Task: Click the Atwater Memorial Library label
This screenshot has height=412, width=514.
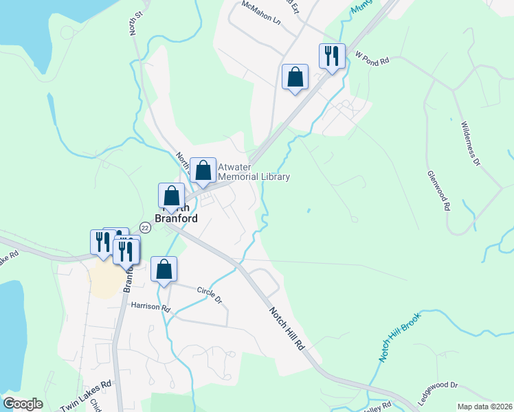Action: pyautogui.click(x=254, y=172)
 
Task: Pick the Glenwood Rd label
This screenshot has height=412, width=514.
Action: pyautogui.click(x=438, y=191)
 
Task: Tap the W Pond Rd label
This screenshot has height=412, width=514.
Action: pyautogui.click(x=372, y=60)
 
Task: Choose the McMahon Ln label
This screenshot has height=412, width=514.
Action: pyautogui.click(x=262, y=14)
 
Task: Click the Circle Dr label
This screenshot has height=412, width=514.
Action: pyautogui.click(x=210, y=295)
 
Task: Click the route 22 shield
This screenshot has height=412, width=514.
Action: pyautogui.click(x=145, y=227)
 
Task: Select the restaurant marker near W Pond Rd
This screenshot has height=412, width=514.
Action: pyautogui.click(x=332, y=56)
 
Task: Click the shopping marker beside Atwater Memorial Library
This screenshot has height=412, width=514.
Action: pyautogui.click(x=203, y=170)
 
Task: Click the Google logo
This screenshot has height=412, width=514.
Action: pyautogui.click(x=23, y=404)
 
